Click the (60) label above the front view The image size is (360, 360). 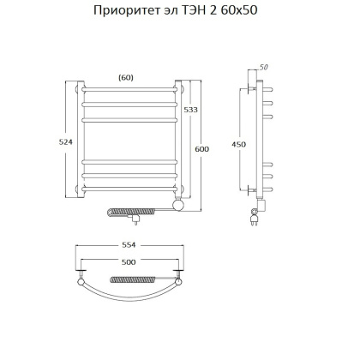pos(126,77)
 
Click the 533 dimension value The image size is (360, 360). pos(195,111)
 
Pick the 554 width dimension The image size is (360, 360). pos(129,245)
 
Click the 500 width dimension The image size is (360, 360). pos(129,261)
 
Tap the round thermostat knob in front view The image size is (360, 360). pos(177,206)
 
